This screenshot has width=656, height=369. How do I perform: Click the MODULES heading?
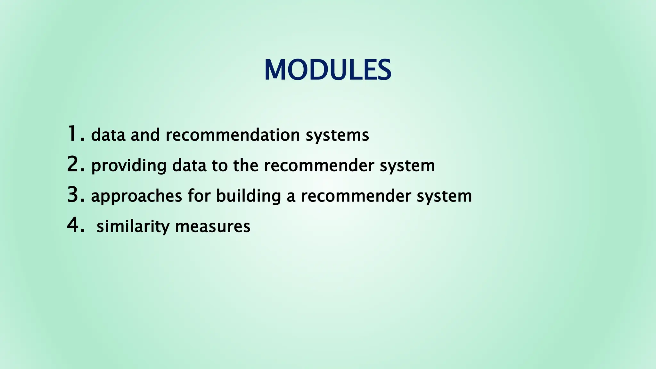(x=328, y=70)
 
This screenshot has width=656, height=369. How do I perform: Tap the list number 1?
(x=76, y=134)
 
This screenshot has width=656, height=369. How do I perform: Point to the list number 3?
(x=76, y=195)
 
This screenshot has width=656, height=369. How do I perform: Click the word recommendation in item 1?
(x=233, y=135)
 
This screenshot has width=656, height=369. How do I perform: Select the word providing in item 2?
(x=129, y=166)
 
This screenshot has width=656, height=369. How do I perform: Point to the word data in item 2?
(x=189, y=166)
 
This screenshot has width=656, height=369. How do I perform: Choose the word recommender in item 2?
(x=319, y=166)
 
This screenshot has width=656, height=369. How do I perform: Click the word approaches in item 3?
(x=136, y=196)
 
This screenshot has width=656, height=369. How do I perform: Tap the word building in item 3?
(x=248, y=196)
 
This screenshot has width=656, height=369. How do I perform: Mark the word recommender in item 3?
(x=356, y=196)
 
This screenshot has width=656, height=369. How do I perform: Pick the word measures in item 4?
(x=213, y=226)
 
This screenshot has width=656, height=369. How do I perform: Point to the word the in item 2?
(x=245, y=166)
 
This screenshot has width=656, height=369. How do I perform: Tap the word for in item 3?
(x=199, y=196)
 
